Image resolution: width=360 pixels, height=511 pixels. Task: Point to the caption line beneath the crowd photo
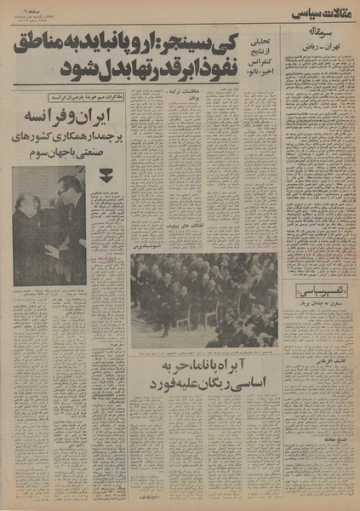click(x=204, y=351)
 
